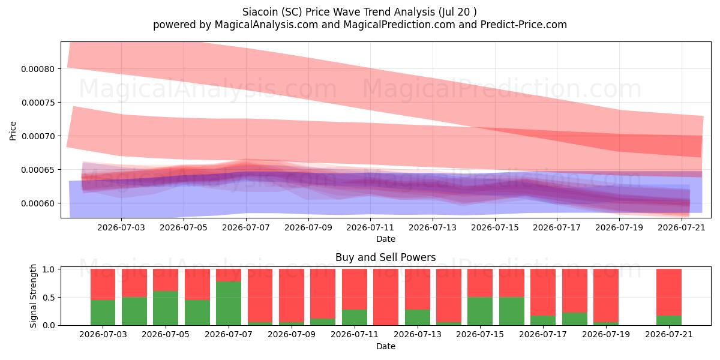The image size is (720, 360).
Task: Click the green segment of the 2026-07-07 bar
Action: [229, 303]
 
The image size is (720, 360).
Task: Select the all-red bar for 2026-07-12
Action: [386, 297]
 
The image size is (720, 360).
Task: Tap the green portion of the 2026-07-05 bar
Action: [166, 308]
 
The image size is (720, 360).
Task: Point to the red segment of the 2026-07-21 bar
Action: [669, 292]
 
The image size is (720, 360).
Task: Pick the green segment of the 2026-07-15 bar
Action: [480, 311]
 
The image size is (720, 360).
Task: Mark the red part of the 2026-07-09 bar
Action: [292, 295]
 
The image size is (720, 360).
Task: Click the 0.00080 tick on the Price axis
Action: [38, 69]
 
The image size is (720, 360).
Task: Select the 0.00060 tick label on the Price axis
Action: [38, 203]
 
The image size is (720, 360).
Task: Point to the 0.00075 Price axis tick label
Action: [38, 103]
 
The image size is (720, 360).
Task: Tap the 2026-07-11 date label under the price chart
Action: [370, 227]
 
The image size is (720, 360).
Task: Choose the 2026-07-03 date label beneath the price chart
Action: [121, 227]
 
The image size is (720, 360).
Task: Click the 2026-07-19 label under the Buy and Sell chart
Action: [606, 335]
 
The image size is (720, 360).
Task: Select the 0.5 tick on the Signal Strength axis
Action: [49, 298]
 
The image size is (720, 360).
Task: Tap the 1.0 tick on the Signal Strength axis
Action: [49, 269]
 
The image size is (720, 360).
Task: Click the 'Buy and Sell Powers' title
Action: [386, 257]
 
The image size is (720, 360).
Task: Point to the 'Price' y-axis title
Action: [13, 131]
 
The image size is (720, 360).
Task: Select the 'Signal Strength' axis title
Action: [33, 296]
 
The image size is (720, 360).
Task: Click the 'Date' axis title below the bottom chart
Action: [386, 346]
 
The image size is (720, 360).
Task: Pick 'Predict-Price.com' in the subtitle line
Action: [524, 25]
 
